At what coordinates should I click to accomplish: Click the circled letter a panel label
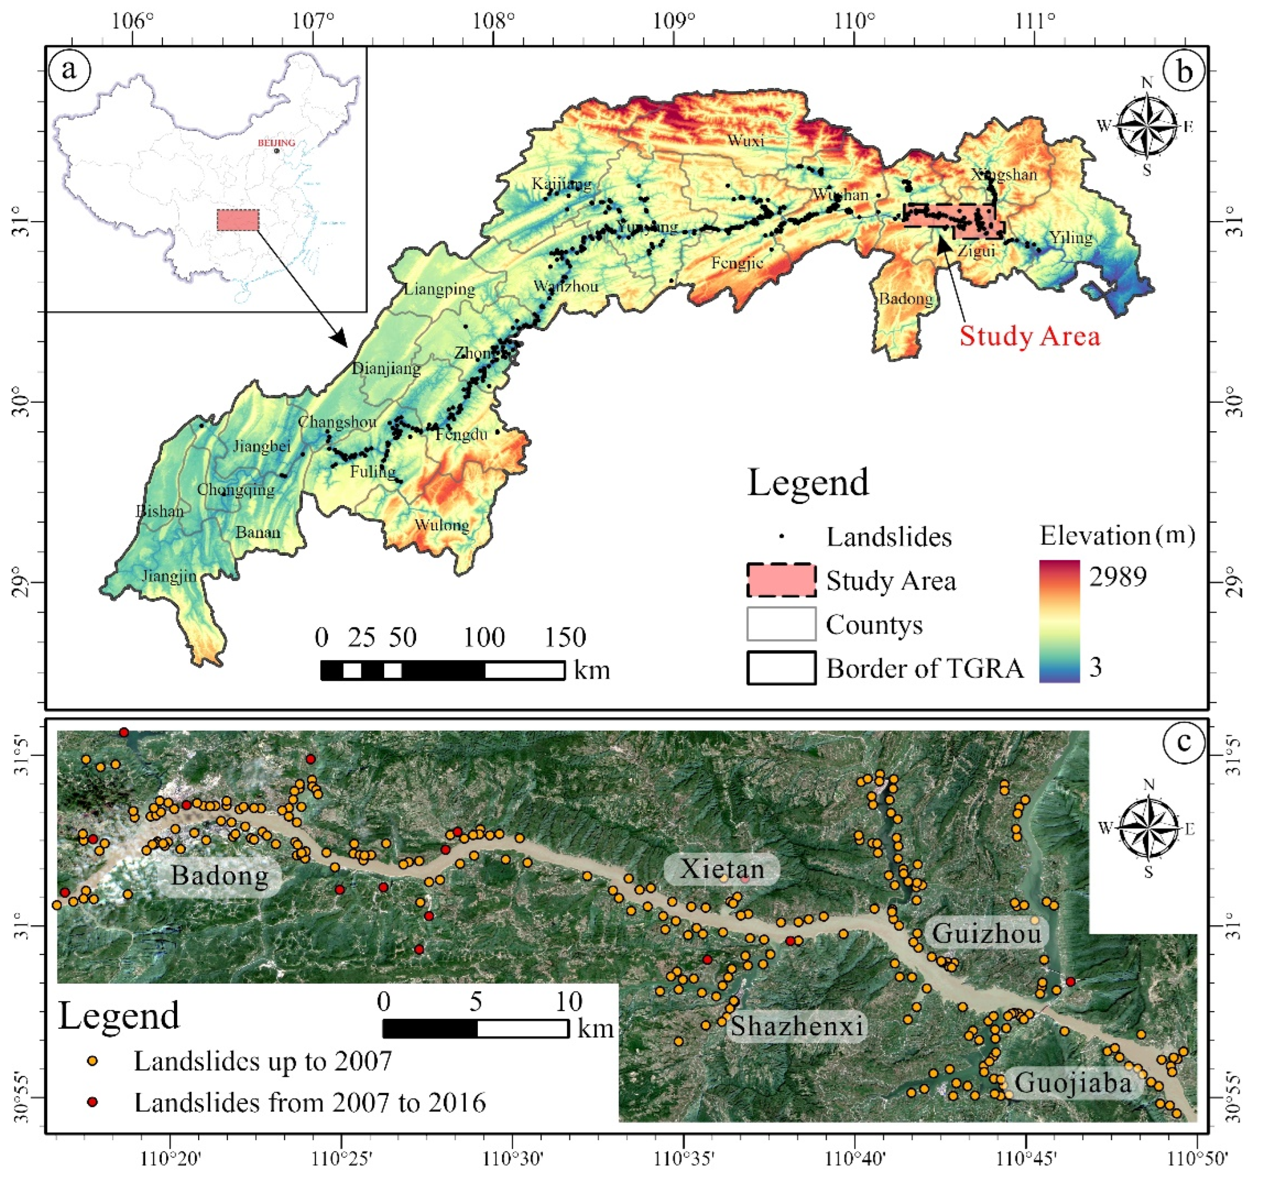click(x=69, y=69)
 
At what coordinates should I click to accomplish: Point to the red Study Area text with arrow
click(x=1029, y=336)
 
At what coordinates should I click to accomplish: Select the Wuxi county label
click(x=745, y=140)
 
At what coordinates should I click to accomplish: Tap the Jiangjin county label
click(x=169, y=576)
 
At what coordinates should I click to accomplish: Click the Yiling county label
click(x=1071, y=238)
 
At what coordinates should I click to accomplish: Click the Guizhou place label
click(x=986, y=934)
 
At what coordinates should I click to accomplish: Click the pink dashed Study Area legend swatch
click(x=781, y=580)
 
